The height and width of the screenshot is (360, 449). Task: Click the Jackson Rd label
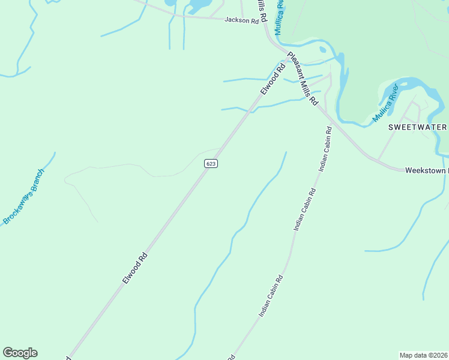coord(241,20)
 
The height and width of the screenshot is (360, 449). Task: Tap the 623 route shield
coord(210,163)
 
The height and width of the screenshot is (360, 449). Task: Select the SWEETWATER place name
coord(417,127)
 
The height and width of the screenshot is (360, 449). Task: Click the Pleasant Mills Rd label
coord(302,79)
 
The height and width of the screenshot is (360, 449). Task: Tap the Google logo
coord(20,353)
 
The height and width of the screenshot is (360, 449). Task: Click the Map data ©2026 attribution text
coord(424,355)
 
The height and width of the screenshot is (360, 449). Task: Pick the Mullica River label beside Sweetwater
coord(385,103)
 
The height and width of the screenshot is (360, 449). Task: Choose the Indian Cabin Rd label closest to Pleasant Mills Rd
coord(325,149)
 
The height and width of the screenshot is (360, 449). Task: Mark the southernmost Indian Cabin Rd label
coord(271,296)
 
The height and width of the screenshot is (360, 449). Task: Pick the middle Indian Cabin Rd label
coord(304,209)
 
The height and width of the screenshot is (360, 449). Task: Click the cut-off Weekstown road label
coord(426,170)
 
